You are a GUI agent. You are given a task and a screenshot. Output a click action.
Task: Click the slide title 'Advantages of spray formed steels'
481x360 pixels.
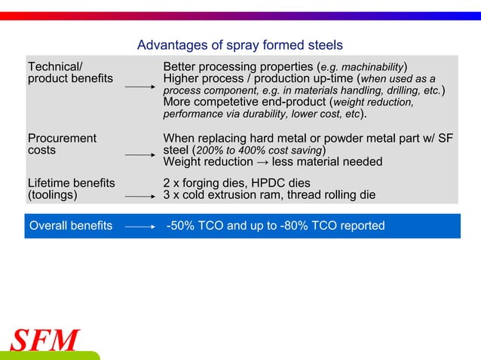coord(240,45)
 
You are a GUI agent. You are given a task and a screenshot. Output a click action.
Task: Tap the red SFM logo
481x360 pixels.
coord(44,340)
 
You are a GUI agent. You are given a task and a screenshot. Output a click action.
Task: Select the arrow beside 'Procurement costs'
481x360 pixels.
coord(139,154)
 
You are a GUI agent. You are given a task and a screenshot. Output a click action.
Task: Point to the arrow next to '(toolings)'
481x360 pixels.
coord(139,196)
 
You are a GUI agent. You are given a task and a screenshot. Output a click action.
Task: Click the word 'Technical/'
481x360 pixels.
coord(55,66)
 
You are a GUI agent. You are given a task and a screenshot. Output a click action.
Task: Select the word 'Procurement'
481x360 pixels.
coord(62,139)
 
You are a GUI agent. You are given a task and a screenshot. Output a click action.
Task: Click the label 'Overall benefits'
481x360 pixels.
coord(71,225)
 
